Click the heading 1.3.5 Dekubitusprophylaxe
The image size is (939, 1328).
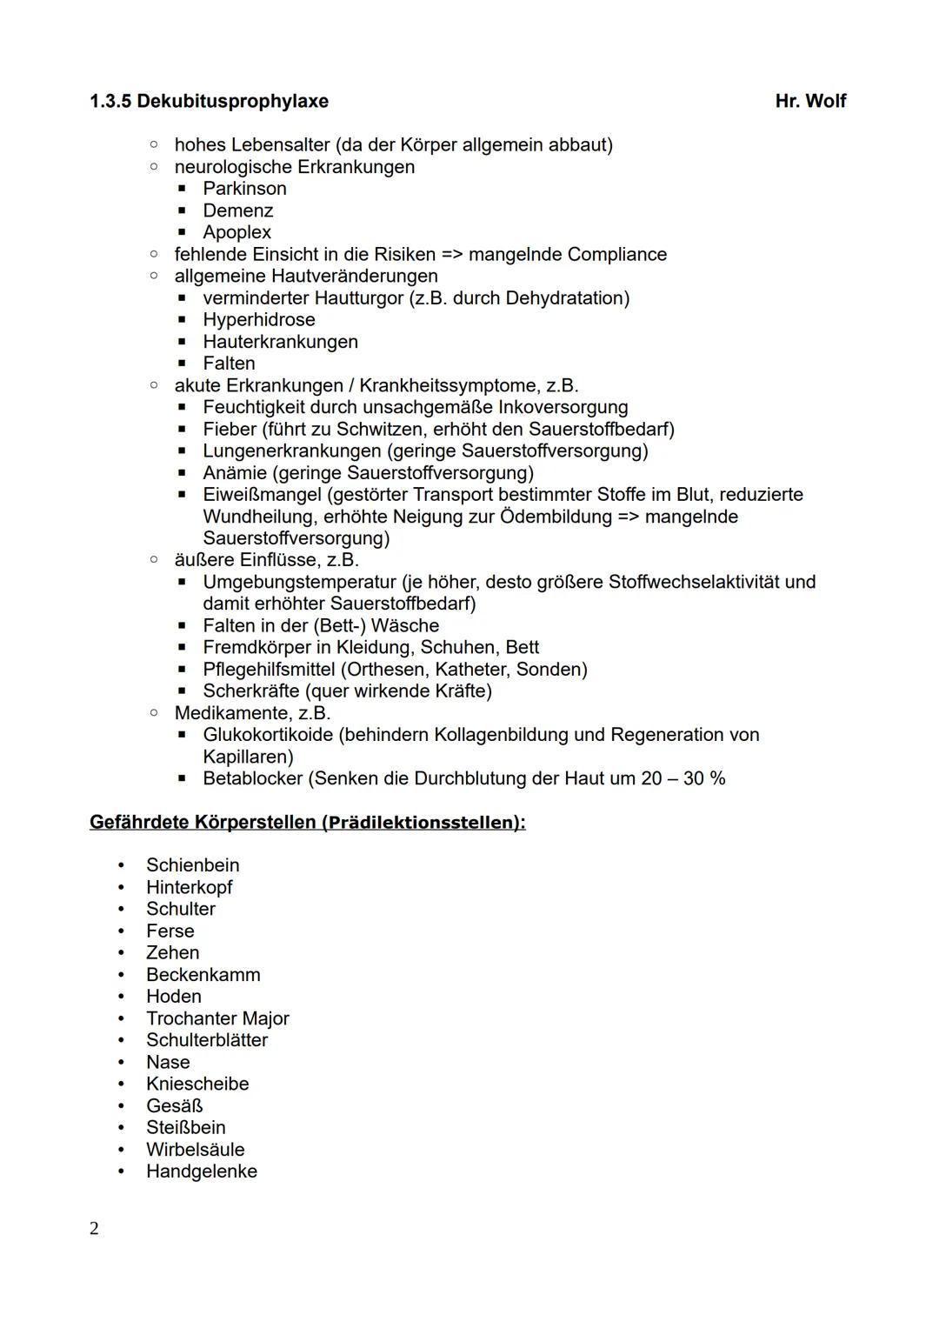click(209, 102)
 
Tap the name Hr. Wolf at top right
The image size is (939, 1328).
click(809, 102)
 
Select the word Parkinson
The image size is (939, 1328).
click(244, 189)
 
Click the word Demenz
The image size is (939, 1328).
click(237, 210)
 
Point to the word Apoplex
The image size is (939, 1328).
click(236, 232)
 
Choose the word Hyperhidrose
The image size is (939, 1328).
click(258, 320)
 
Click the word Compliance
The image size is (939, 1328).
click(616, 255)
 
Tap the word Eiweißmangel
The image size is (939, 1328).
click(262, 495)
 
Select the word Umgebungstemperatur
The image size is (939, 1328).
click(299, 582)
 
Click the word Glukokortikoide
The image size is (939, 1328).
click(268, 735)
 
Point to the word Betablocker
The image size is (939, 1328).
click(252, 778)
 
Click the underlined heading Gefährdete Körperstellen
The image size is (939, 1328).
click(203, 822)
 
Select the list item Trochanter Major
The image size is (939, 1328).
click(217, 1018)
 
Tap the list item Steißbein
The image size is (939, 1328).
click(185, 1128)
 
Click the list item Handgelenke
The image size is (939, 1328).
click(201, 1171)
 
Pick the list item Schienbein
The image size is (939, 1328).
click(192, 865)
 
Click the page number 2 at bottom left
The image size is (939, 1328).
click(94, 1229)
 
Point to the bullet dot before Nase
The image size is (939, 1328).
click(122, 1063)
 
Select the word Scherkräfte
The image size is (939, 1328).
click(250, 691)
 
